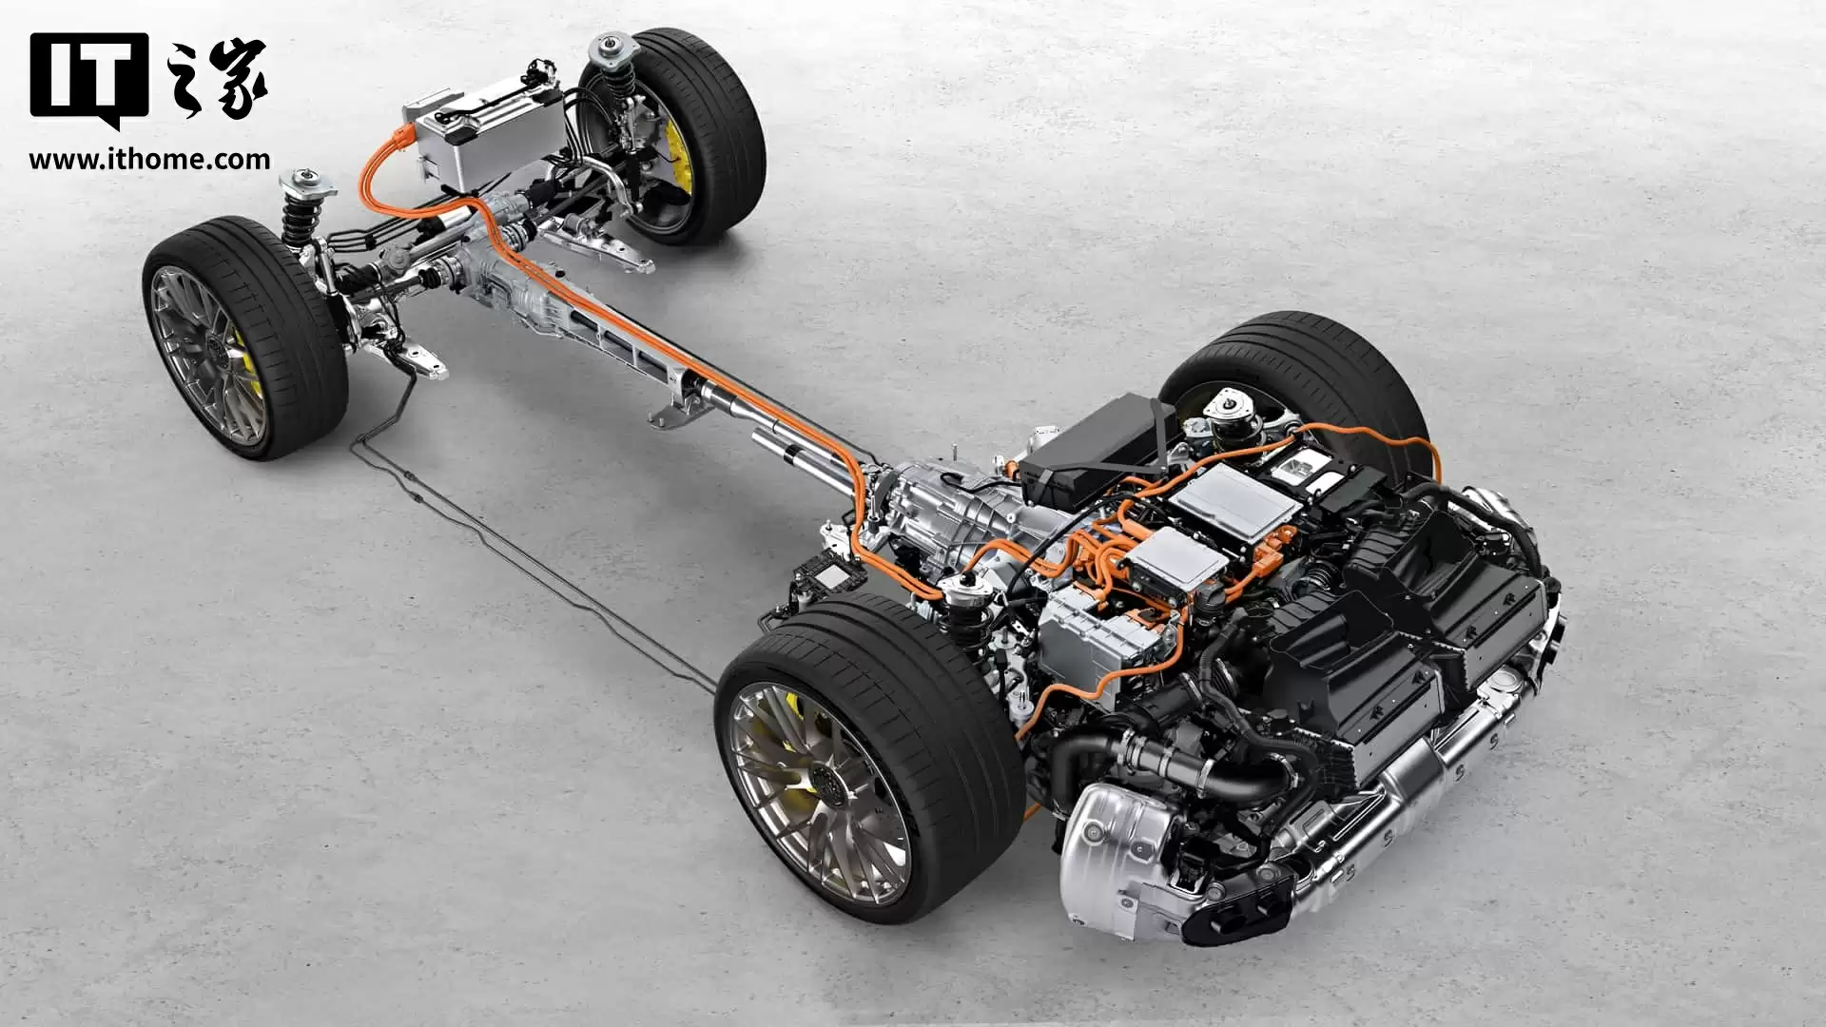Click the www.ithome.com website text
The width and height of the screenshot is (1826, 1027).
[x=149, y=159]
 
